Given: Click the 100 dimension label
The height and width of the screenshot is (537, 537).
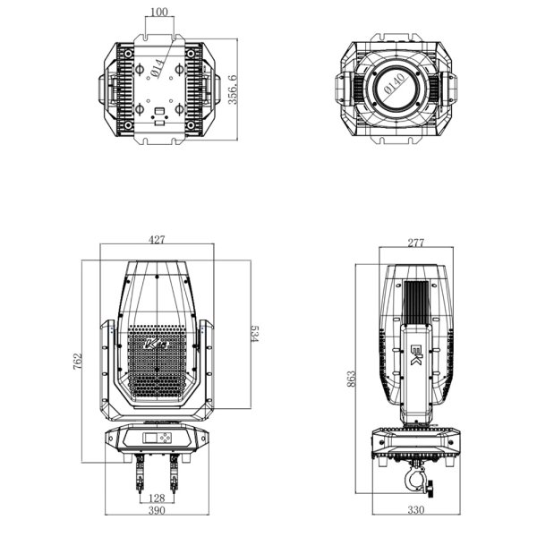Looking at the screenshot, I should pyautogui.click(x=158, y=12).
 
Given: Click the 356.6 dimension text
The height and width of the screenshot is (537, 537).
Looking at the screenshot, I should pyautogui.click(x=234, y=89).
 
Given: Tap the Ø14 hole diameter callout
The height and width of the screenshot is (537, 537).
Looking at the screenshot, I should pyautogui.click(x=157, y=66).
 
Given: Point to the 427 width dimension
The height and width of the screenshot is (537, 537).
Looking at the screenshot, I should pyautogui.click(x=158, y=239).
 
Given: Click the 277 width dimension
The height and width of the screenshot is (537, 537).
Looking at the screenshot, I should pyautogui.click(x=414, y=243).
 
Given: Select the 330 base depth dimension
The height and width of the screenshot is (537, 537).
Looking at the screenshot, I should pyautogui.click(x=414, y=510).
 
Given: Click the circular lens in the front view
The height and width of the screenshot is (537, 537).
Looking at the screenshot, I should pyautogui.click(x=395, y=87).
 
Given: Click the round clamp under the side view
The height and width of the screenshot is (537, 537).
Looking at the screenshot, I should pyautogui.click(x=418, y=484).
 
